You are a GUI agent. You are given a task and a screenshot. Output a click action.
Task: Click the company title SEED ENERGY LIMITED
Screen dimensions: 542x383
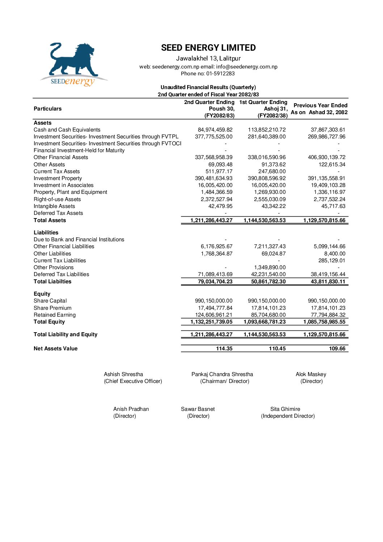pos(208,48)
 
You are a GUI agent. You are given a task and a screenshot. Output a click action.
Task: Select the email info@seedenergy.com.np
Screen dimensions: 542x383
pos(247,67)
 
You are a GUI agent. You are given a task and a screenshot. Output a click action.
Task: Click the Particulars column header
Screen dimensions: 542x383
pos(48,109)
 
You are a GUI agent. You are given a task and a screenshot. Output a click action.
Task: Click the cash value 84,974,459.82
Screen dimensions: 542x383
pos(215,130)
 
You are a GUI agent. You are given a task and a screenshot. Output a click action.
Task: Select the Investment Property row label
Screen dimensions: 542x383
pos(58,178)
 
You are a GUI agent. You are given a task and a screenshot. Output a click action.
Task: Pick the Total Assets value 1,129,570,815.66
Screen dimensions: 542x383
pos(324,220)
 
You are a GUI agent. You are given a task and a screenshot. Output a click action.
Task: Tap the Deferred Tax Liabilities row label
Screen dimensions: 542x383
pos(62,274)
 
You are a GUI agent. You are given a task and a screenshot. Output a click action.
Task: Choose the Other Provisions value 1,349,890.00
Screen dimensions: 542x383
pos(270,267)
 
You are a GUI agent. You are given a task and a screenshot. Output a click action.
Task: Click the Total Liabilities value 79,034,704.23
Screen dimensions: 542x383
pos(215,282)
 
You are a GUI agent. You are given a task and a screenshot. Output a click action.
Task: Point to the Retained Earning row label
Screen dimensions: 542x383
pos(55,315)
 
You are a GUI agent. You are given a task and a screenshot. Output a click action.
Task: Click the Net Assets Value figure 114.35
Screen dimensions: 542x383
pos(224,349)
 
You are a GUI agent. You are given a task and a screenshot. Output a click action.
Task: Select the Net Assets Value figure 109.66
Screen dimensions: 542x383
pos(337,349)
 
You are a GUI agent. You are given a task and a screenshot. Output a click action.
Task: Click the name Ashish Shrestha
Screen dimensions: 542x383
pos(123,374)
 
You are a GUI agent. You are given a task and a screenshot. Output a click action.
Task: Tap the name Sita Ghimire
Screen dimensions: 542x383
pos(285,409)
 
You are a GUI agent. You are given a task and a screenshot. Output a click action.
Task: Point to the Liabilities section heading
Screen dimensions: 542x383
pos(46,233)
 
